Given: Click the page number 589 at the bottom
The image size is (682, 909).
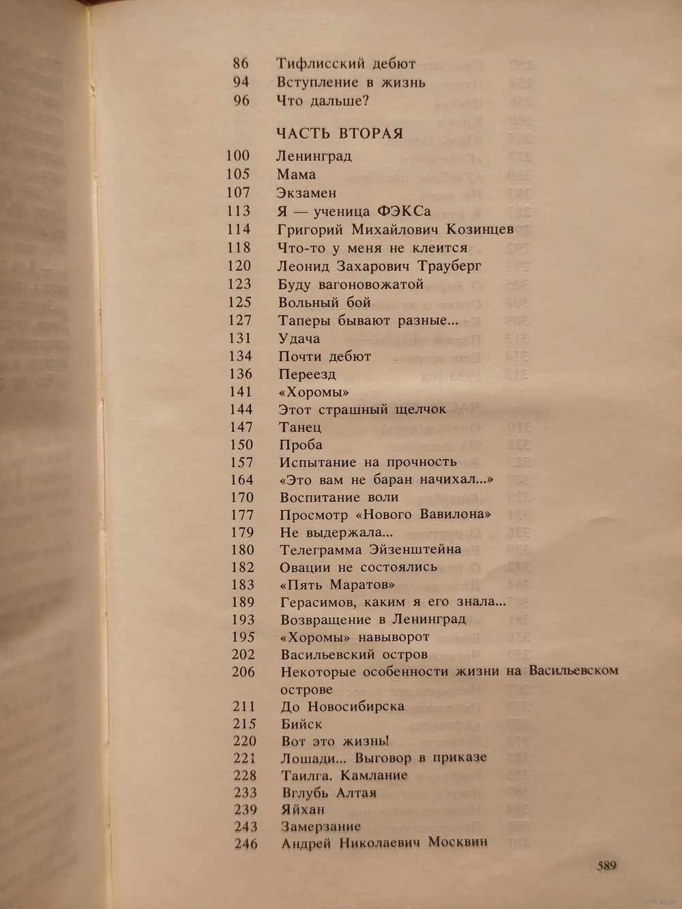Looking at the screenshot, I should tap(607, 866).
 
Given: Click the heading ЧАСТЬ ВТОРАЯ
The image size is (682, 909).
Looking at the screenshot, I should tap(340, 134).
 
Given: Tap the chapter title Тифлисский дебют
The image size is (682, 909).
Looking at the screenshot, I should tap(346, 64).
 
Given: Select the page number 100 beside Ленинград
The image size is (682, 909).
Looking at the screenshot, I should tap(238, 156).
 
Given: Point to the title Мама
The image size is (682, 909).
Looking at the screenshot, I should tap(297, 175).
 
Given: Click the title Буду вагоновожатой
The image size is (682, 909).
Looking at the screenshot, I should tap(351, 284).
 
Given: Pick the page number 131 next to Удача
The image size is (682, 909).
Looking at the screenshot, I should tap(239, 338).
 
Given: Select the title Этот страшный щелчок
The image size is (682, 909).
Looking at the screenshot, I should tap(362, 410).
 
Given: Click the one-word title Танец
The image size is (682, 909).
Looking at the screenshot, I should tap(300, 428).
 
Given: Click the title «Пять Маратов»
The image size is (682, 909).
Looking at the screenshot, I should tap(338, 584).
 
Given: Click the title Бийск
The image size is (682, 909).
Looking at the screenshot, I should tap(301, 724).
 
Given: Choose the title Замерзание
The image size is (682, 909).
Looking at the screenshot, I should tap(321, 826).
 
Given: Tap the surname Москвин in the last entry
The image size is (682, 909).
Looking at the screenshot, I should tap(458, 843).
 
